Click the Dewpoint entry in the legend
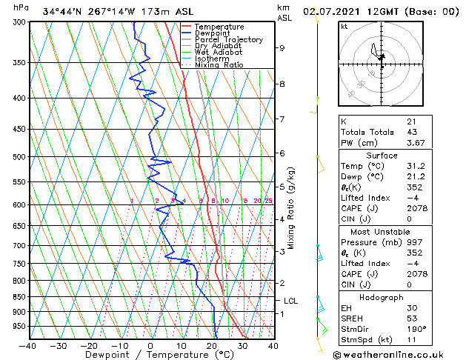(210, 33)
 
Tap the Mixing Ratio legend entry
(219, 65)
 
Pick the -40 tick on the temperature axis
(28, 346)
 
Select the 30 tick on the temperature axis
(242, 346)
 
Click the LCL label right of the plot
(291, 301)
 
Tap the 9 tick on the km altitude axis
(282, 48)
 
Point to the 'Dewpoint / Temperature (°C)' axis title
(150, 356)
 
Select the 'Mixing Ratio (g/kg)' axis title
(291, 208)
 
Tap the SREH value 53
(411, 319)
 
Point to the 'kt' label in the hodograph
(344, 26)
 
